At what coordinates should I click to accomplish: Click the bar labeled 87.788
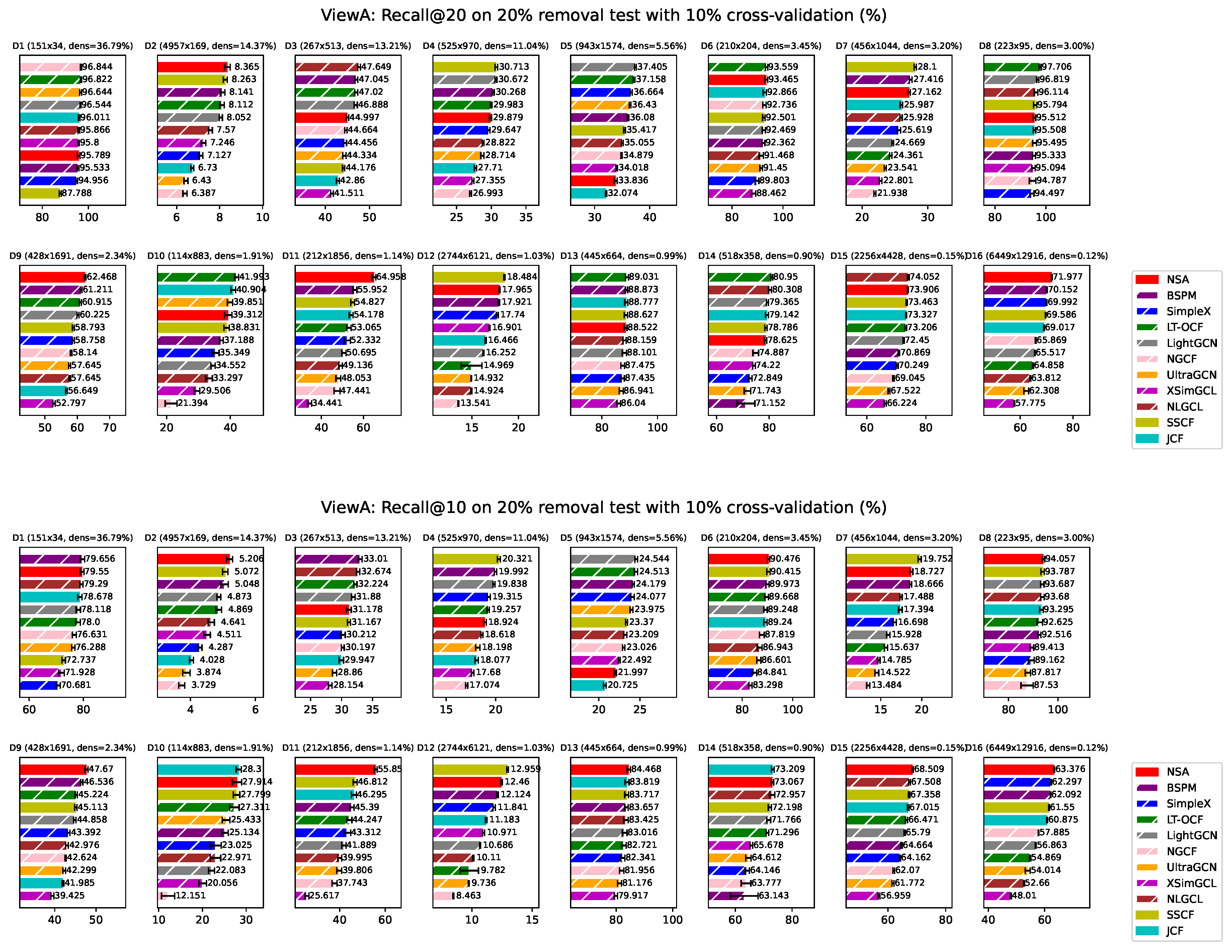tap(40, 193)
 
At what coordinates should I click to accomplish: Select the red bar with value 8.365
tap(192, 67)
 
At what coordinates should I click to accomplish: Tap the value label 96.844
tap(97, 67)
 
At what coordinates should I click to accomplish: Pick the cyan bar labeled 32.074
tap(588, 193)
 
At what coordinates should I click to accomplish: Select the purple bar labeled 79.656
tap(51, 559)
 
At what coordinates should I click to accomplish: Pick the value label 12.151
tap(190, 895)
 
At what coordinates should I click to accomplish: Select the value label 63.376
tap(1070, 769)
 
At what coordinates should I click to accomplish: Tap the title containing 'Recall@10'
tap(604, 508)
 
